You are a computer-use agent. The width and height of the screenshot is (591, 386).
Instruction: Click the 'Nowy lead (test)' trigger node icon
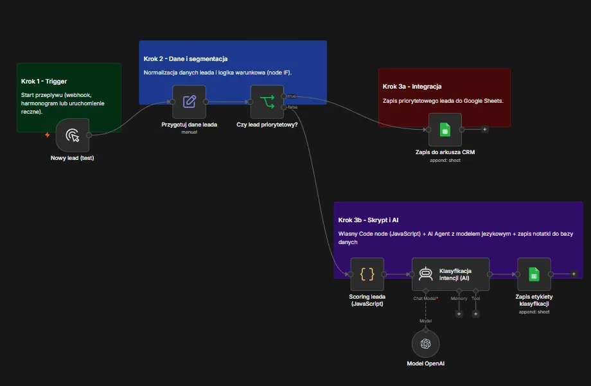[73, 135]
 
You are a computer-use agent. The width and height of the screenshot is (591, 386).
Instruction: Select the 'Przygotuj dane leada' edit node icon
[190, 101]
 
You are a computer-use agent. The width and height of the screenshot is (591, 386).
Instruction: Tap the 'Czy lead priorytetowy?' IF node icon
[267, 101]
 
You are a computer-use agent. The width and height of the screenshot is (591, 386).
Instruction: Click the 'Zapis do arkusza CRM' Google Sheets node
[445, 130]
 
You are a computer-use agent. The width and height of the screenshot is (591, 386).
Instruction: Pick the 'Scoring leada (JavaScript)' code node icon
[367, 274]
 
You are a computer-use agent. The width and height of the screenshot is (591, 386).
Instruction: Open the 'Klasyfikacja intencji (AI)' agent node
[451, 274]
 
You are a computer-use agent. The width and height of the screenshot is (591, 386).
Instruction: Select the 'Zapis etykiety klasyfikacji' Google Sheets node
[534, 274]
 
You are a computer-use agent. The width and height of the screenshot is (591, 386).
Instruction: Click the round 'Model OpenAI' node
[425, 344]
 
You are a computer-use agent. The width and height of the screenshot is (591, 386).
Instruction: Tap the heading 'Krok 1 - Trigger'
[44, 82]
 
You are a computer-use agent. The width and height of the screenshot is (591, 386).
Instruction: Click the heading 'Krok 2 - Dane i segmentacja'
[186, 59]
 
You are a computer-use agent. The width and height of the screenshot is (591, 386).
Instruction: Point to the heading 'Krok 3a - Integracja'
[412, 86]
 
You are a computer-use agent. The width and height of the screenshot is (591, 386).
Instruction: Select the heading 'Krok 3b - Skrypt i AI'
[368, 220]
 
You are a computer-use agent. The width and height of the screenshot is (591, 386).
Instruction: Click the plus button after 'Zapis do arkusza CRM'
[485, 129]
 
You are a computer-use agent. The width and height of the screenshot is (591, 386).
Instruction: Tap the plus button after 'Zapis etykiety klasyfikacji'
[574, 274]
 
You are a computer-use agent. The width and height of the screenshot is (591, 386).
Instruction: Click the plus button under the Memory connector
[459, 313]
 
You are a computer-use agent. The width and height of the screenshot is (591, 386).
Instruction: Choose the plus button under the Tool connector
[475, 313]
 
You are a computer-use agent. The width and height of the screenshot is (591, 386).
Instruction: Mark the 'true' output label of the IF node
[292, 96]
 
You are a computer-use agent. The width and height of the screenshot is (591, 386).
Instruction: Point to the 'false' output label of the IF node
[292, 107]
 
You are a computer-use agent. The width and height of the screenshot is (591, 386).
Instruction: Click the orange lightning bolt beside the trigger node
[48, 135]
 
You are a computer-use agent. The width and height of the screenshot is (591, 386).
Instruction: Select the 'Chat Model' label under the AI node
[425, 298]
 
